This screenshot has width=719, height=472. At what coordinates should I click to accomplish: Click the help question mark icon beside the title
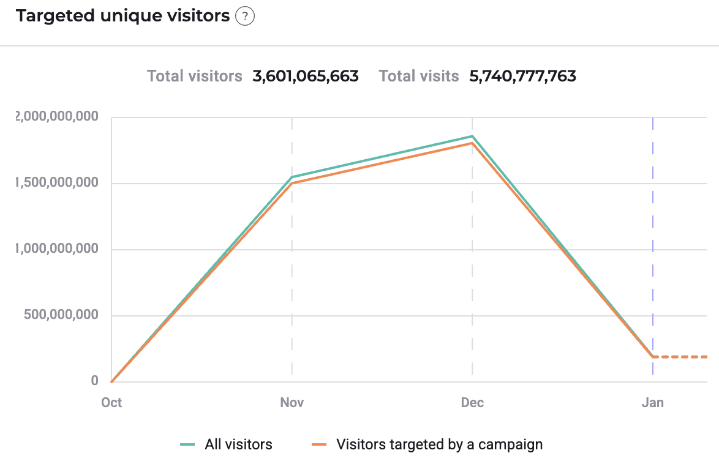point(245,17)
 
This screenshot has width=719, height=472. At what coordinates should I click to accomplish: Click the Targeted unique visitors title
point(122,16)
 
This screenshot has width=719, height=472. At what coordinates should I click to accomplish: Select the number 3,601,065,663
point(306,77)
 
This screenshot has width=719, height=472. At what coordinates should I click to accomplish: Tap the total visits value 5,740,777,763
point(523,77)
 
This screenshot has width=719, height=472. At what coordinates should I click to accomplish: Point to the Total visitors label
point(195,77)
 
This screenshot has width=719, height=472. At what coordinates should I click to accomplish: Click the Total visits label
point(419,77)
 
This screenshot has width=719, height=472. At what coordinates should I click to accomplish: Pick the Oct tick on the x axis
point(111,402)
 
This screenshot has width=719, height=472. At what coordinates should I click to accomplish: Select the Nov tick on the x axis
point(292,402)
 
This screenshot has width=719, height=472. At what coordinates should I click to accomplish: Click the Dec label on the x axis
point(472,402)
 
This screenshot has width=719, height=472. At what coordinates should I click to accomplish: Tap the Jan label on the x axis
point(652,402)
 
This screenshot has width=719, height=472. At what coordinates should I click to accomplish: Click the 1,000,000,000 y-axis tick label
point(55,249)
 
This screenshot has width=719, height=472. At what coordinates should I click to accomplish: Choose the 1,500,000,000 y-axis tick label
point(55,183)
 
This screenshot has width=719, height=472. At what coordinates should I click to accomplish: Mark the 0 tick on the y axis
point(94,381)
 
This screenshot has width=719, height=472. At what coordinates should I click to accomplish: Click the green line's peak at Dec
point(472,136)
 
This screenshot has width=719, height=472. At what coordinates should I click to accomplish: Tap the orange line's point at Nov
point(292,184)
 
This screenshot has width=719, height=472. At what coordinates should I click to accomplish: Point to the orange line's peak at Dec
point(472,143)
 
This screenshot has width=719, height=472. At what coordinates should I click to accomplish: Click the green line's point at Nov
point(292,177)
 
